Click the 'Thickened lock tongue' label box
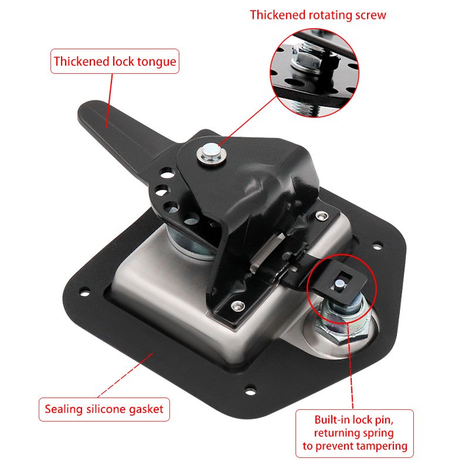(115, 62)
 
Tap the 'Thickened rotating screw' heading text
(318, 15)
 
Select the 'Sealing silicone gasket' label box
(104, 409)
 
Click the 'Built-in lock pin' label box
(355, 433)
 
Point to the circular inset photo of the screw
(314, 73)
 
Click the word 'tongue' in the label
(157, 62)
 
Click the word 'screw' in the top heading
(371, 15)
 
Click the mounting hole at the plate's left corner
(84, 291)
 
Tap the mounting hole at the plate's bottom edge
(250, 390)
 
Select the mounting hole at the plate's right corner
(378, 245)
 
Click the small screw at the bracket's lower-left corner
(238, 305)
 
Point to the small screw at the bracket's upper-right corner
(321, 215)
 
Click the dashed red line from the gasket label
(125, 375)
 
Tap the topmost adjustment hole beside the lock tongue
(168, 173)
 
